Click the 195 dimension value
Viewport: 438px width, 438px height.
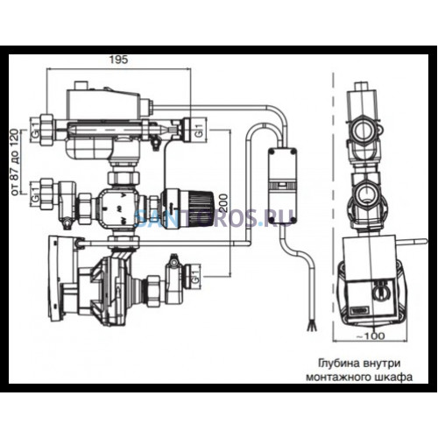click(119, 60)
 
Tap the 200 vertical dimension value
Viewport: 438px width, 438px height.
click(223, 203)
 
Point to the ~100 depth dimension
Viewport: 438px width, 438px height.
click(371, 336)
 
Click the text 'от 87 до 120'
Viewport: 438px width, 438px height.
click(15, 162)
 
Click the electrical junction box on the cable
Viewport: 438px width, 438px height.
click(282, 186)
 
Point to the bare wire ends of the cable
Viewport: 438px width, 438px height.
click(311, 326)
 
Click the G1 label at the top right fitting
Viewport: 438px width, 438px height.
click(199, 131)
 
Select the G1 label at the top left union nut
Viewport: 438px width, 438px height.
click(35, 131)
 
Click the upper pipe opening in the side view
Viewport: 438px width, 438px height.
click(362, 131)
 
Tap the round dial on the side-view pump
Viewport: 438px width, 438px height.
click(378, 293)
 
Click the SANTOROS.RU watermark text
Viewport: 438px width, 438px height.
click(215, 218)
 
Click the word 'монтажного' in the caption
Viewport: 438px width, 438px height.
click(338, 378)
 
